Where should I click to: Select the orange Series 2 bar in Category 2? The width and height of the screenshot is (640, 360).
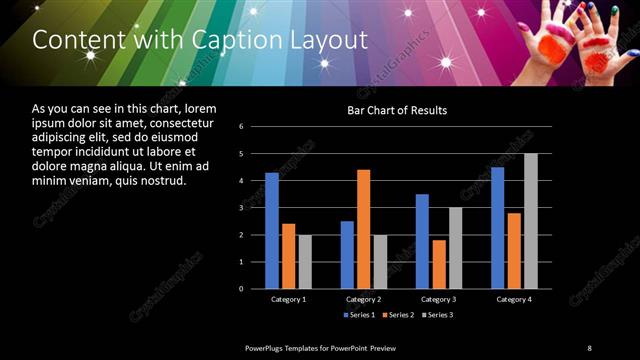click(363, 229)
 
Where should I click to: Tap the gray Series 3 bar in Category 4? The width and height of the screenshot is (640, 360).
click(530, 221)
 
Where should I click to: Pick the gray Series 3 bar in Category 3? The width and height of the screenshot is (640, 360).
click(455, 248)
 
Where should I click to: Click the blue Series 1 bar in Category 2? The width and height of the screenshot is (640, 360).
click(347, 255)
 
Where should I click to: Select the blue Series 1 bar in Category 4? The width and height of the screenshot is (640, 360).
click(497, 228)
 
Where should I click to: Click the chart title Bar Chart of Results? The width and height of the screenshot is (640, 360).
click(397, 110)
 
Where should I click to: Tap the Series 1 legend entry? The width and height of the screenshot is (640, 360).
click(361, 316)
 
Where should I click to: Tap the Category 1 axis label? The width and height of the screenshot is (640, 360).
click(289, 299)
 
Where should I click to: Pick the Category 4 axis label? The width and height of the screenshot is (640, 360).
click(514, 299)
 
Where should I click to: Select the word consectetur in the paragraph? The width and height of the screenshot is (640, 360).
click(177, 122)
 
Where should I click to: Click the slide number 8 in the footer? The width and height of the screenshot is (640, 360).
click(589, 347)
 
